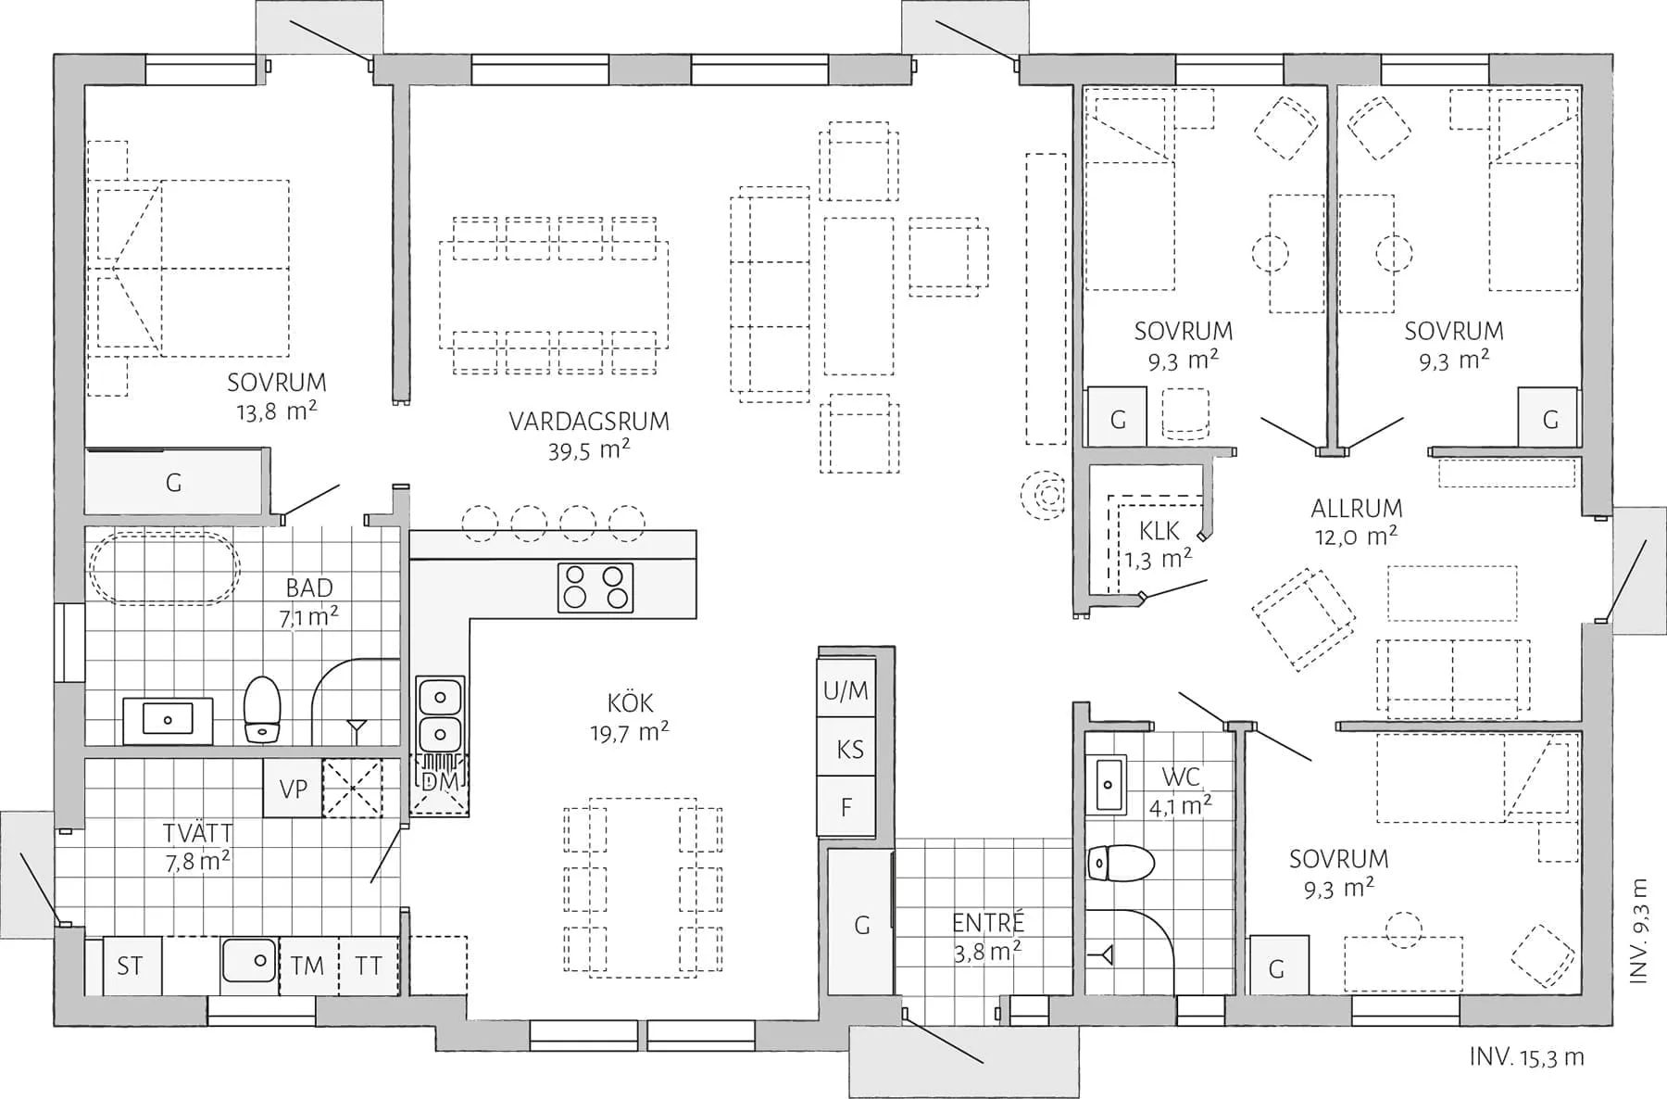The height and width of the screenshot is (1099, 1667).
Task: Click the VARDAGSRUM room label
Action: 588,422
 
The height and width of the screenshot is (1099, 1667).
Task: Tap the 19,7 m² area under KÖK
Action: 629,733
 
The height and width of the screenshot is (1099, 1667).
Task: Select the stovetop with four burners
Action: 595,587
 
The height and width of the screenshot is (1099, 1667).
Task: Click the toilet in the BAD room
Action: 262,709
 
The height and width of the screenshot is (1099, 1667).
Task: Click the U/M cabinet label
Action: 846,690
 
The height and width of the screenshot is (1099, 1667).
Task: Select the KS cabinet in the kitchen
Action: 849,749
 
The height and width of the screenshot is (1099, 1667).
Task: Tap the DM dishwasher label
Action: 440,781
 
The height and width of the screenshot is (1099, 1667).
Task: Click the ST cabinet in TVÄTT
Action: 130,966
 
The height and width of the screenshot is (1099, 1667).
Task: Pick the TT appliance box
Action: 369,966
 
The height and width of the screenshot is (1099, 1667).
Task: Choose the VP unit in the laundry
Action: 293,789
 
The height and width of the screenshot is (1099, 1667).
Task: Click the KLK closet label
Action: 1159,531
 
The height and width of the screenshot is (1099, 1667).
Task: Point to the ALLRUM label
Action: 1356,508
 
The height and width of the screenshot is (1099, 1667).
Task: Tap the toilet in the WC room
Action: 1120,864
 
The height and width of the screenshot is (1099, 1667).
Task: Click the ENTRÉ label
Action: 987,923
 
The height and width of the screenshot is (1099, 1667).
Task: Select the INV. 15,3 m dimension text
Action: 1526,1057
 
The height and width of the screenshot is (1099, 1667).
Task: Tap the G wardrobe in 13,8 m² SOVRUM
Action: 173,483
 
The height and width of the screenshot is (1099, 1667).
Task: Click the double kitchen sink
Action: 440,714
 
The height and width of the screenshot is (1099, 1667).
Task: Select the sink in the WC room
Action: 1106,785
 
